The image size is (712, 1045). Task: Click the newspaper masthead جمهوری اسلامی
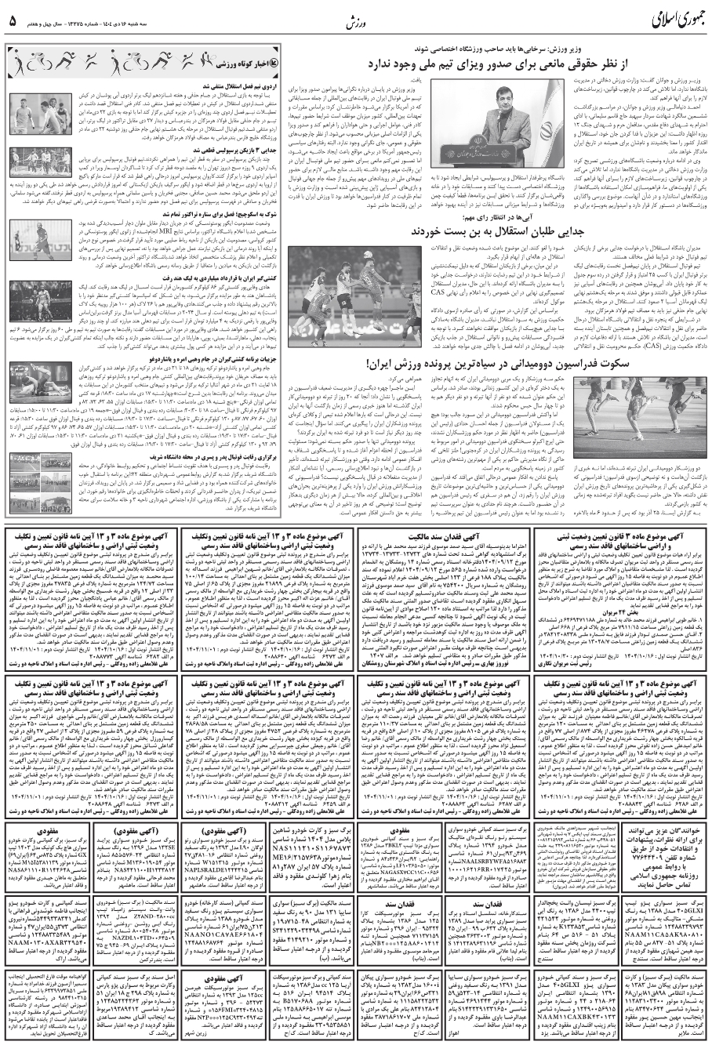[654, 18]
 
